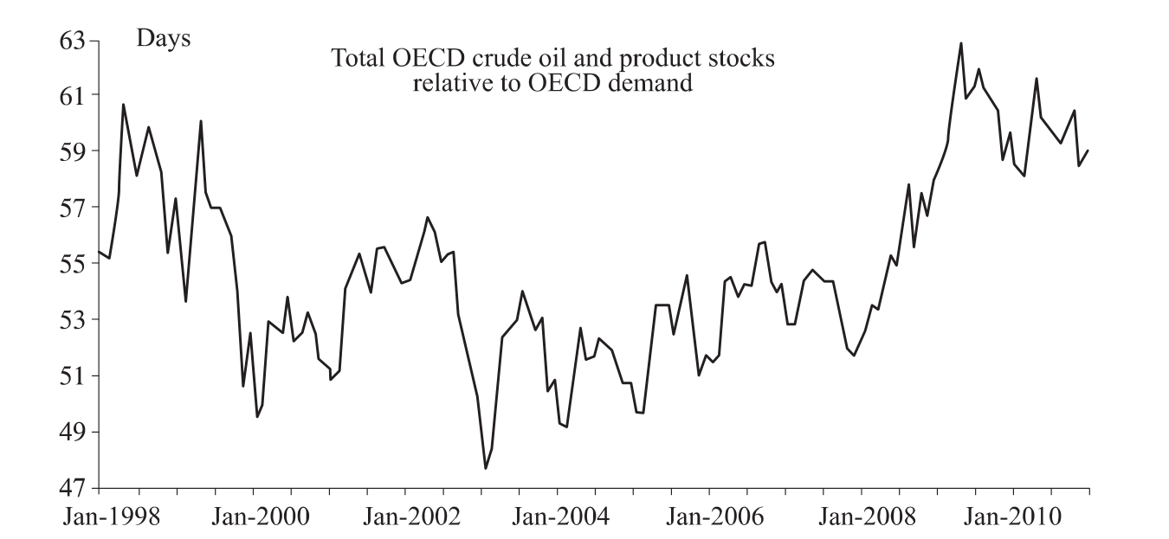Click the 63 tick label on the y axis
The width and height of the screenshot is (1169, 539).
pyautogui.click(x=74, y=41)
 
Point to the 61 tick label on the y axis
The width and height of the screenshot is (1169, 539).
pyautogui.click(x=74, y=95)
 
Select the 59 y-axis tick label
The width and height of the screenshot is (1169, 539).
pyautogui.click(x=74, y=151)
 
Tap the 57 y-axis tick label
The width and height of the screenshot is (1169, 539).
pyautogui.click(x=74, y=208)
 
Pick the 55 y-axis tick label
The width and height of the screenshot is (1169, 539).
pyautogui.click(x=74, y=264)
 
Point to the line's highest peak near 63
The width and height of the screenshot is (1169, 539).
pyautogui.click(x=960, y=43)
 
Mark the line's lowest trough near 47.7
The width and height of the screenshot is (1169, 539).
pyautogui.click(x=486, y=468)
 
